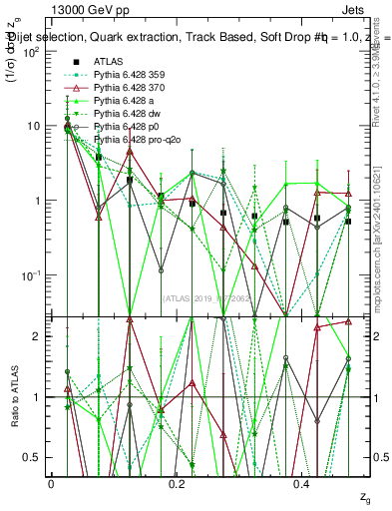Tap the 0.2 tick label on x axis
point(176,483)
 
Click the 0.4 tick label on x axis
point(301,483)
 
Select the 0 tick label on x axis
point(51,483)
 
